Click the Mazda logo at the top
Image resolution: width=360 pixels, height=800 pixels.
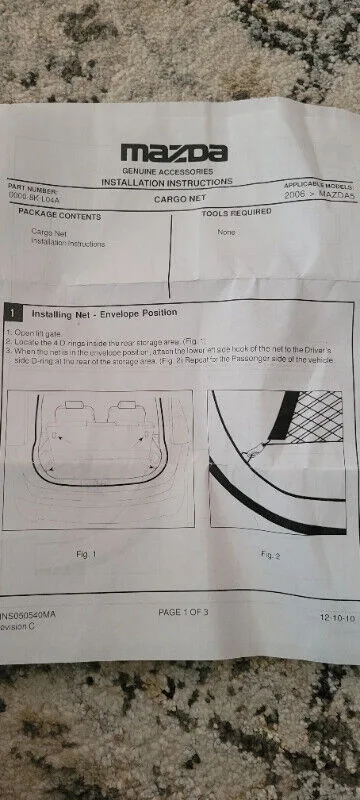174,152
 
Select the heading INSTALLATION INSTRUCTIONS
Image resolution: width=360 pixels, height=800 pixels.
167,182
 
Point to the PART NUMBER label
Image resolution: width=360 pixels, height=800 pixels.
34,187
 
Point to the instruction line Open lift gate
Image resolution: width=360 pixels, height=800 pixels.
36,331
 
